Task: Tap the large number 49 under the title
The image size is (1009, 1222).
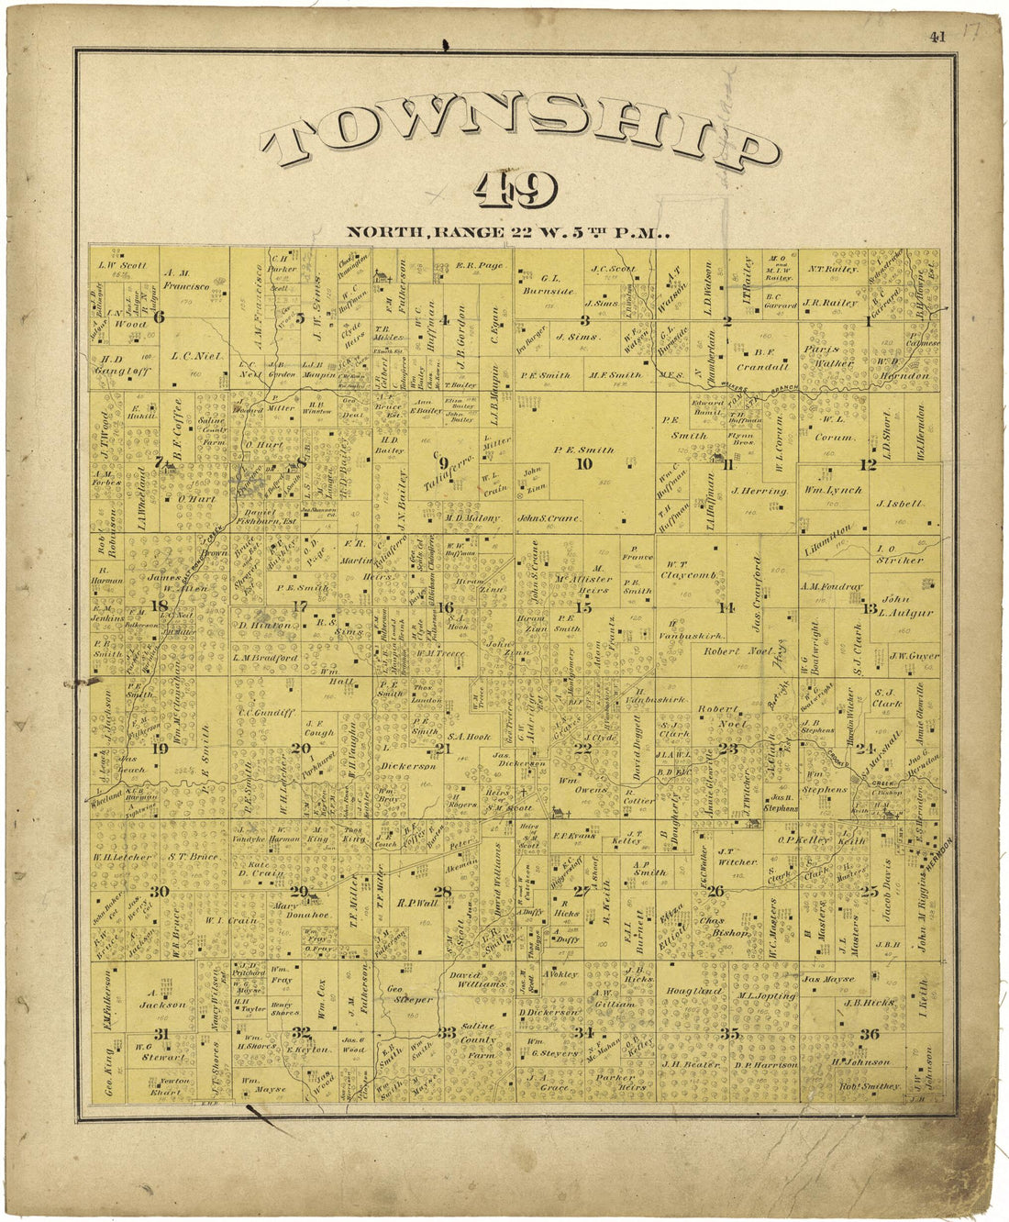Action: pyautogui.click(x=516, y=192)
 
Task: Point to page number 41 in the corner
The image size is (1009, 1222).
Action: pyautogui.click(x=937, y=38)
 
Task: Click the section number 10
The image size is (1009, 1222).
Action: pyautogui.click(x=583, y=463)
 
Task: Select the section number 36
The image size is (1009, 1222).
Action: pyautogui.click(x=869, y=1034)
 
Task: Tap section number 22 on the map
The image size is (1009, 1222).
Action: pyautogui.click(x=582, y=747)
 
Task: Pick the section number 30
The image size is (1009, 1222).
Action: pyautogui.click(x=160, y=892)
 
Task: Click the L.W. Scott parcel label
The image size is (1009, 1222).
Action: pyautogui.click(x=123, y=266)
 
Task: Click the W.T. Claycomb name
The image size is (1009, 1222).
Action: pyautogui.click(x=688, y=570)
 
